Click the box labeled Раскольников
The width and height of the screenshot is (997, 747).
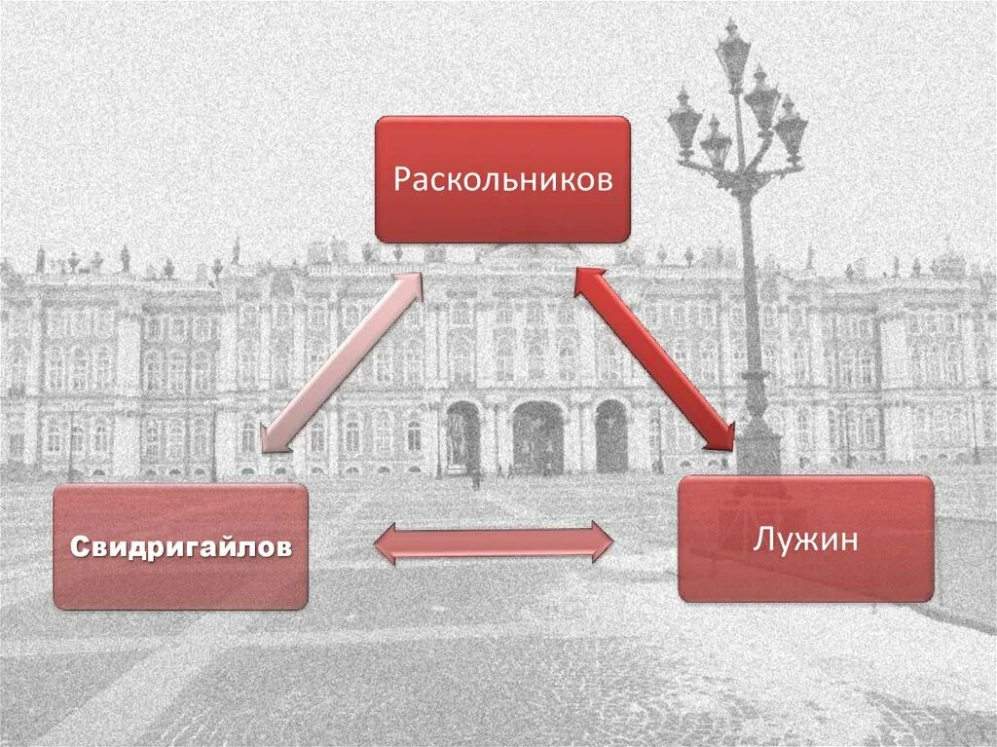tap(502, 179)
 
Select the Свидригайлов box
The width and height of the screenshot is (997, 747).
tap(180, 546)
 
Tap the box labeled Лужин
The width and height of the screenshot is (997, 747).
tap(805, 539)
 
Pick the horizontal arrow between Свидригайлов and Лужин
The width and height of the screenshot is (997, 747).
tap(494, 542)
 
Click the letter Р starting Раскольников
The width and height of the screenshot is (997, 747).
tap(401, 181)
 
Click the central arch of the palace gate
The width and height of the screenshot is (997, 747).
tap(537, 438)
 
